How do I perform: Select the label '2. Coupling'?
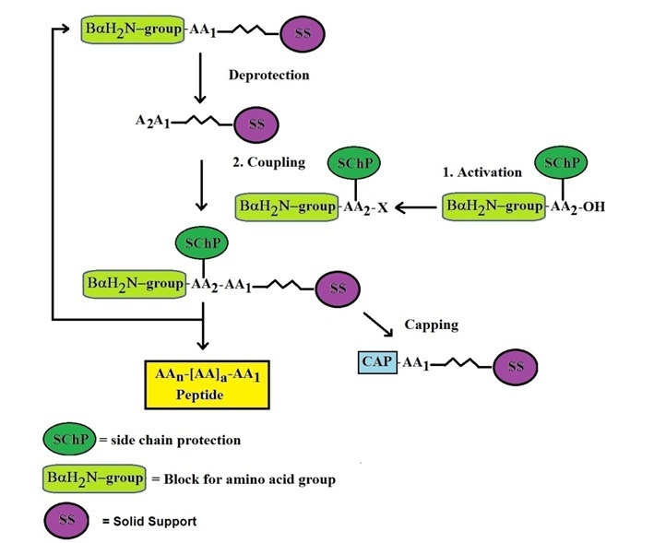click(269, 162)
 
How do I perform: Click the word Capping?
click(432, 325)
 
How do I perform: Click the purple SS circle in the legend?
click(64, 521)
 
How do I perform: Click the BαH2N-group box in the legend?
click(94, 479)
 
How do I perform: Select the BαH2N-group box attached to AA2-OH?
click(494, 207)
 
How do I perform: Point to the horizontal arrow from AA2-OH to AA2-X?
click(416, 207)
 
